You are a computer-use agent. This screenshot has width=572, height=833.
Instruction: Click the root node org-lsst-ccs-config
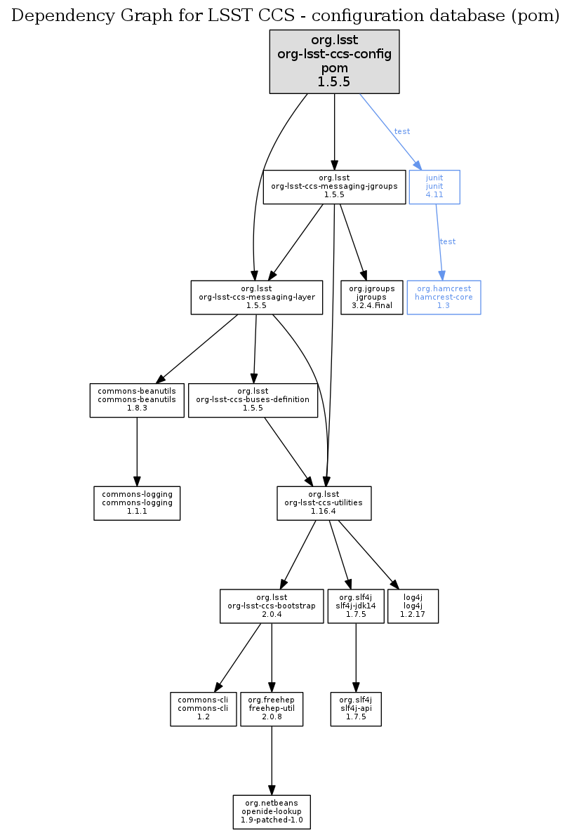pyautogui.click(x=334, y=62)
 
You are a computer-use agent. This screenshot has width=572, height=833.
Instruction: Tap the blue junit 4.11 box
pyautogui.click(x=434, y=187)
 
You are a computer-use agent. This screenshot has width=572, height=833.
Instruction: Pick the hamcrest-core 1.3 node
pyautogui.click(x=444, y=298)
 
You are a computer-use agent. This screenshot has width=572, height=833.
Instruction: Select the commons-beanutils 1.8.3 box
pyautogui.click(x=137, y=400)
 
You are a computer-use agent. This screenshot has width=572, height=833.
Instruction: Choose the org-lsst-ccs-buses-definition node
pyautogui.click(x=253, y=400)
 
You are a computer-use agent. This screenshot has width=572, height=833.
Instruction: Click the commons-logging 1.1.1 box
pyautogui.click(x=137, y=503)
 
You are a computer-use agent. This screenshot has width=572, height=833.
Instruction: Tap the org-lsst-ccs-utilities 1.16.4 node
pyautogui.click(x=324, y=503)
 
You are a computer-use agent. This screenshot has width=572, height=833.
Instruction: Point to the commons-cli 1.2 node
pyautogui.click(x=203, y=709)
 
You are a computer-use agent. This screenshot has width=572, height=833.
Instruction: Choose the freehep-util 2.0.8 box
pyautogui.click(x=272, y=709)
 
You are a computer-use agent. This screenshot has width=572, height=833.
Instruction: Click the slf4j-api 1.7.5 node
pyautogui.click(x=356, y=709)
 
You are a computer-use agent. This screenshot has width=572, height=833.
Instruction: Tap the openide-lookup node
pyautogui.click(x=272, y=812)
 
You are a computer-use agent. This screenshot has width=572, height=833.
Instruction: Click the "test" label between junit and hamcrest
pyautogui.click(x=447, y=241)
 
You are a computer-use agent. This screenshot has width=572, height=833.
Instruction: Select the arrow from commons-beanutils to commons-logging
pyautogui.click(x=137, y=449)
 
